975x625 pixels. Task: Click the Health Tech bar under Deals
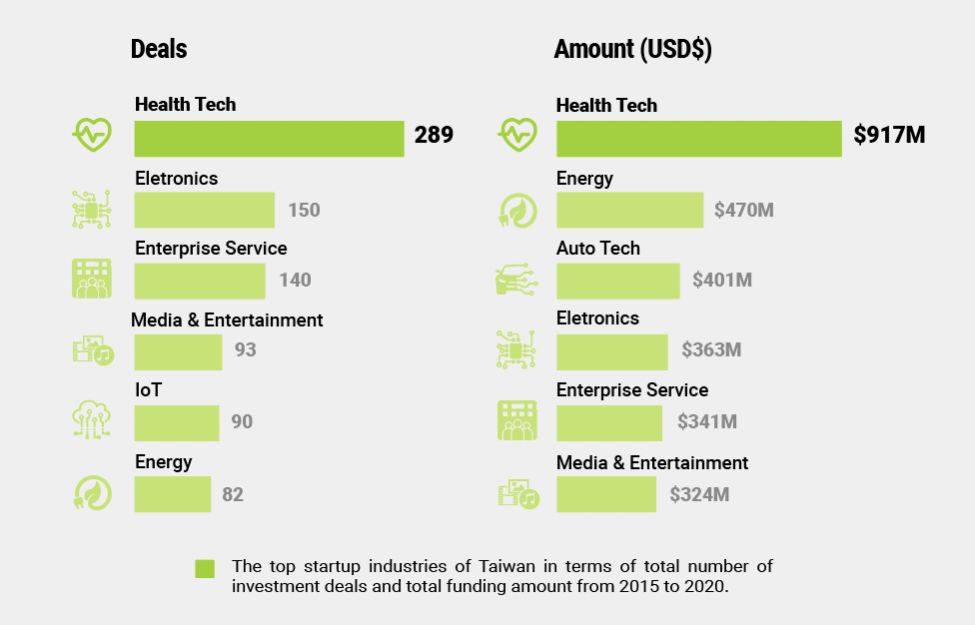click(x=269, y=139)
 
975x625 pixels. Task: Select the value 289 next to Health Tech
click(x=434, y=135)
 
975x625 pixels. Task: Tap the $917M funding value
click(x=889, y=136)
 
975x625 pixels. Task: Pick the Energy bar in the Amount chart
click(x=629, y=210)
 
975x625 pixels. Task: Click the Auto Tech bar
click(x=617, y=281)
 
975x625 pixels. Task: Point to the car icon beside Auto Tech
click(x=516, y=281)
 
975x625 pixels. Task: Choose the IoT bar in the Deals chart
click(x=176, y=422)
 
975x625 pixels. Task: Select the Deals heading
click(x=159, y=49)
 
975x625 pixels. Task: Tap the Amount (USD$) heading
click(x=632, y=49)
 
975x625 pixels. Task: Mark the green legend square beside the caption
click(x=205, y=568)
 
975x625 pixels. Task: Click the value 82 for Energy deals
click(x=233, y=494)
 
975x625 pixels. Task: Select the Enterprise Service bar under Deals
click(x=200, y=281)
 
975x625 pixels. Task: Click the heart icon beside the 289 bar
click(x=92, y=133)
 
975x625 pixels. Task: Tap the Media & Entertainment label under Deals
click(x=227, y=320)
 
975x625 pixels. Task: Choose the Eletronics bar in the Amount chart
click(x=611, y=351)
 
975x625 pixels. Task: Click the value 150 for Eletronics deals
click(x=304, y=210)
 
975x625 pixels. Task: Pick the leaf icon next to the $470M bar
click(x=516, y=210)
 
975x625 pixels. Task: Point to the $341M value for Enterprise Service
click(x=707, y=422)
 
